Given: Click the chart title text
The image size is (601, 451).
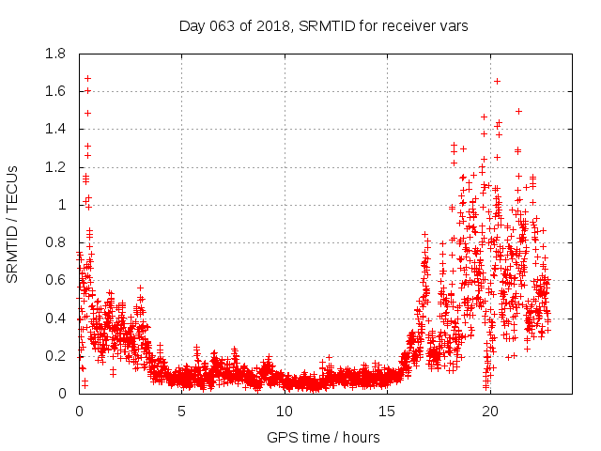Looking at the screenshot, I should point(323,26).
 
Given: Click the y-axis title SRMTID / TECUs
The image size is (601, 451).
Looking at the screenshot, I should point(12,225).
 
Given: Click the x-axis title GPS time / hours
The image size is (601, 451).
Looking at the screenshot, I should point(323,437).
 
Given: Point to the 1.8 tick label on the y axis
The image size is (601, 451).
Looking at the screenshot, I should point(55,54).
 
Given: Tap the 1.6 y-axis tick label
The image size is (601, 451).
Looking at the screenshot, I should point(55,91).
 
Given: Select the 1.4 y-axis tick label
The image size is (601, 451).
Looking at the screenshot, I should point(55,129).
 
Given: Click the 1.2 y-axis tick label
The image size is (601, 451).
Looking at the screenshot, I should point(55,167).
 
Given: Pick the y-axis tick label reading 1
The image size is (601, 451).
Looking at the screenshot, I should point(62,205).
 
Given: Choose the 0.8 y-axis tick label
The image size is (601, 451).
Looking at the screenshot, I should point(55,242).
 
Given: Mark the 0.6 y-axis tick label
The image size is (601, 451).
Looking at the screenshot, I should point(55,280).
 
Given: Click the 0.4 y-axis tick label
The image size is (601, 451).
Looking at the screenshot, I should point(55,319).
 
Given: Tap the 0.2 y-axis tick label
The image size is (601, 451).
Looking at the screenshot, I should point(55,356).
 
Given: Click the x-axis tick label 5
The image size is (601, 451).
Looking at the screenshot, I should point(181,412).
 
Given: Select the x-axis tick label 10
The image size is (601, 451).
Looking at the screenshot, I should point(285,412).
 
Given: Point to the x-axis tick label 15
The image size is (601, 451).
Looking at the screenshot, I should point(387,412).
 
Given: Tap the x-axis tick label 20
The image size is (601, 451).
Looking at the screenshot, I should point(490,412).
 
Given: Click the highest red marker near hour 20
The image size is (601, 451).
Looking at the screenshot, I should point(497,81).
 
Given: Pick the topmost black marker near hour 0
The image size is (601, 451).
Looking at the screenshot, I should point(87,78).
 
